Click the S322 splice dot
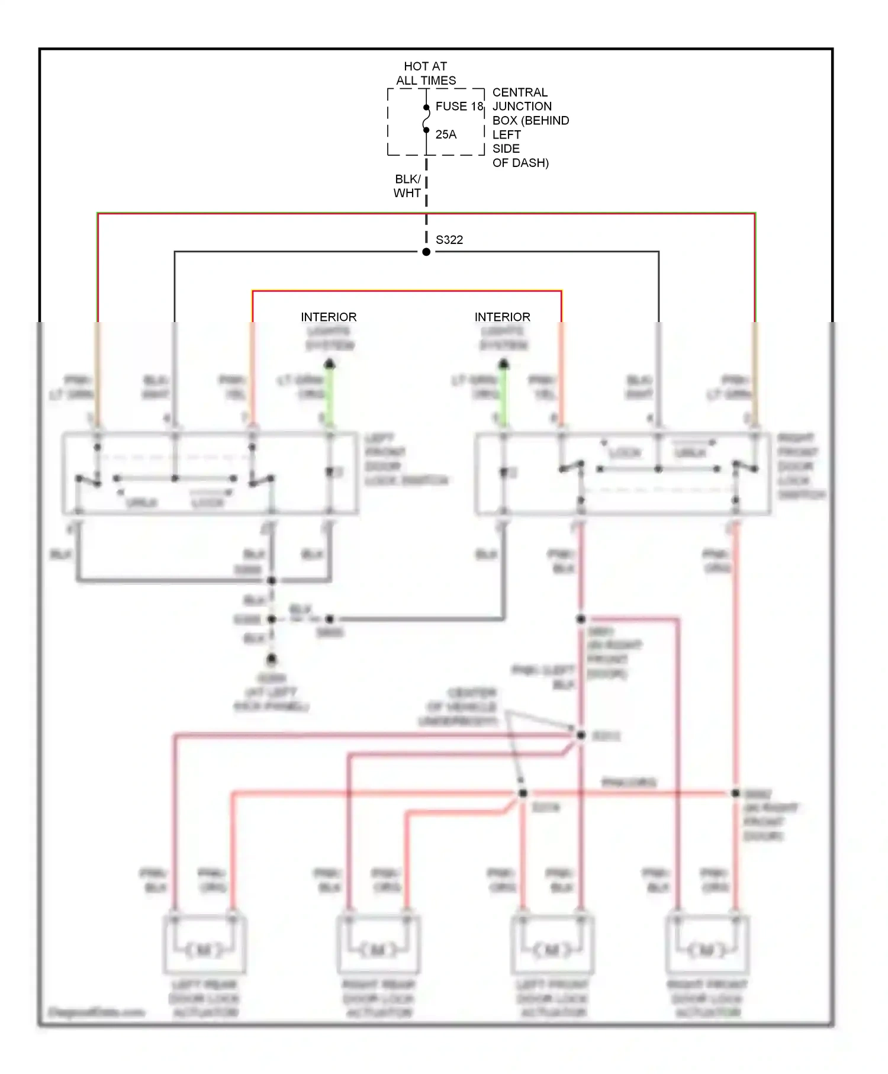coord(426,252)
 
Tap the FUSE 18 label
coord(459,107)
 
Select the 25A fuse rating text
coord(446,134)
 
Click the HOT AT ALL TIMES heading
coord(426,73)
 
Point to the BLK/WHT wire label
coord(407,186)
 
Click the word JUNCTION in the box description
coord(522,107)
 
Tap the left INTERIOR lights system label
coord(329,317)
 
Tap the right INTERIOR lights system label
coord(502,317)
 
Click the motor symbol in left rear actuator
coord(204,950)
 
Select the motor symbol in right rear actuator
coord(378,950)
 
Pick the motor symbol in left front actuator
coord(552,950)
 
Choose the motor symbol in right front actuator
coord(707,950)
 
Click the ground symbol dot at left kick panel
coord(271,659)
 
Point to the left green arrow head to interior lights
coord(330,364)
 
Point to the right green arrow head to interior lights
coord(504,364)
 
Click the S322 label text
coord(449,240)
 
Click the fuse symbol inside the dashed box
coord(426,118)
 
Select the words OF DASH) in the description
coord(520,163)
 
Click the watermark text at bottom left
coord(96,1012)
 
